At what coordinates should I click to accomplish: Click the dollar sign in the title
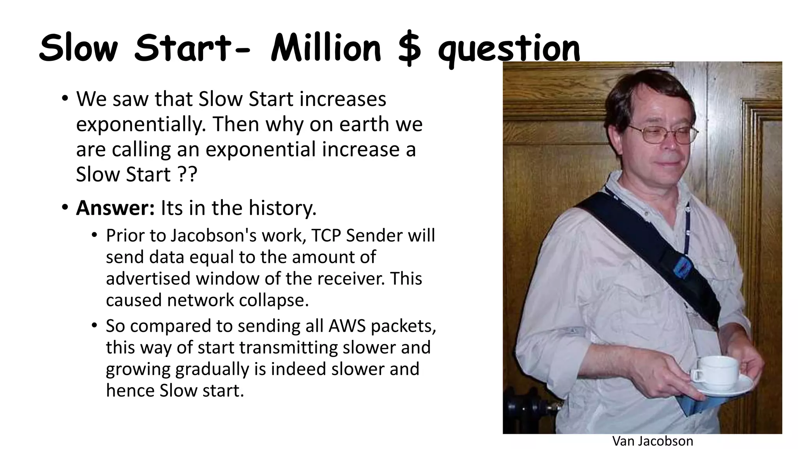click(409, 49)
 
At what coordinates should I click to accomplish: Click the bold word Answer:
click(115, 208)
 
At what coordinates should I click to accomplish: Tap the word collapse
click(274, 300)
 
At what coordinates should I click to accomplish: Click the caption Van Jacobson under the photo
click(653, 441)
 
